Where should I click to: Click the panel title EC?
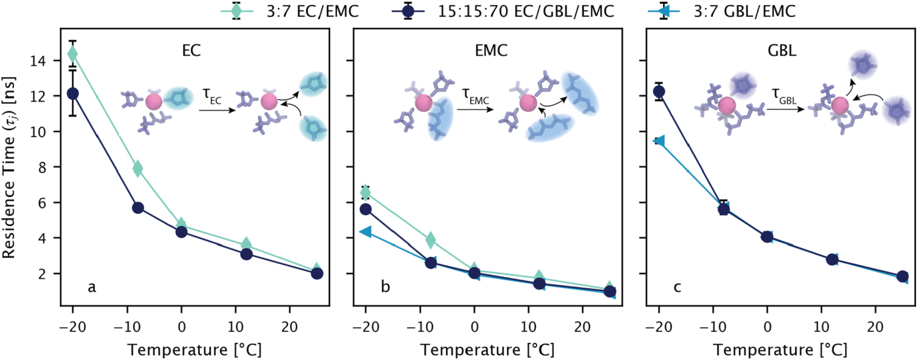[191, 50]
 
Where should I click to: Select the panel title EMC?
[491, 50]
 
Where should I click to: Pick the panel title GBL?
[782, 50]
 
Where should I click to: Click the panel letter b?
[385, 287]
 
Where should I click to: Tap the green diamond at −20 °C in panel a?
[73, 53]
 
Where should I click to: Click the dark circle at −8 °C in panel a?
[138, 208]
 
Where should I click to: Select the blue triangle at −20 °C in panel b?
[365, 232]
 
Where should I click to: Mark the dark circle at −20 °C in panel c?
[659, 91]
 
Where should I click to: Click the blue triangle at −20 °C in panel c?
[659, 141]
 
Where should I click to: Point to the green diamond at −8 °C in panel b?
[431, 240]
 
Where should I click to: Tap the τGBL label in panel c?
[784, 96]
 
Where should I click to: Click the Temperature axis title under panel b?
[487, 349]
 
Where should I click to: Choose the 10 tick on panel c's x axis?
[821, 327]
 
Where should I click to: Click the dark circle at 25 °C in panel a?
[317, 273]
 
